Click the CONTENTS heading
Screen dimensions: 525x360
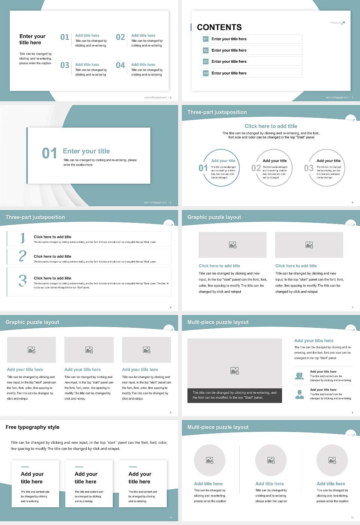tap(219, 27)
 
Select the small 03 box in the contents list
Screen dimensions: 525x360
tap(205, 61)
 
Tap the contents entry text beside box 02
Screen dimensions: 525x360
tap(229, 50)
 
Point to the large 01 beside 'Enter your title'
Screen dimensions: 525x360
tap(49, 153)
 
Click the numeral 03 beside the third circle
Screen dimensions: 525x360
tap(309, 168)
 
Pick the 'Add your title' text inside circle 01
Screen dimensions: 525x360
tap(223, 161)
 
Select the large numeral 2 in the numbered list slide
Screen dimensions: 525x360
tap(22, 256)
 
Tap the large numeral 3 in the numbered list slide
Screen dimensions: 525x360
tap(22, 280)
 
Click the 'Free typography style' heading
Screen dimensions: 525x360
tap(33, 427)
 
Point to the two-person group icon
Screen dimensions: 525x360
tap(299, 376)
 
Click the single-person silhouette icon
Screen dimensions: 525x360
tap(299, 394)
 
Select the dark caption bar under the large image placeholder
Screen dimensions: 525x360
tap(234, 395)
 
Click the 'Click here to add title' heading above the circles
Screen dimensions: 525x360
tap(271, 126)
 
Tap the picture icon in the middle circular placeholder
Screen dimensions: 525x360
tap(271, 460)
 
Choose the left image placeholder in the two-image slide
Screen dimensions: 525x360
tap(232, 245)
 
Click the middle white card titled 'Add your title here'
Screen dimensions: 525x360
tap(89, 484)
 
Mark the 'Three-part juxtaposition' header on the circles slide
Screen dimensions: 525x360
tap(217, 112)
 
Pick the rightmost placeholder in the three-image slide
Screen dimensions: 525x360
tap(147, 350)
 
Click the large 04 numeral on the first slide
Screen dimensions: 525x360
tap(120, 65)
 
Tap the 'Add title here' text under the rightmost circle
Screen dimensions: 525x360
tap(331, 484)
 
